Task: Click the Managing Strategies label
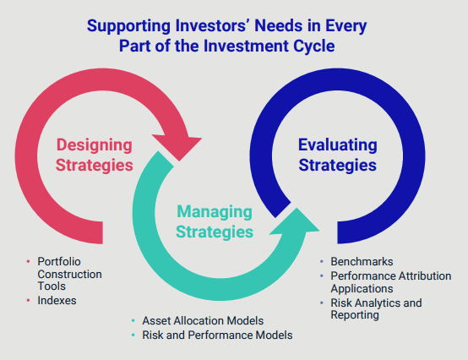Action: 215,221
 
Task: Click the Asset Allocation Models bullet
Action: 202,321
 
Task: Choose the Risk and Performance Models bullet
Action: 217,335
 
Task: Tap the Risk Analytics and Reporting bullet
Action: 375,308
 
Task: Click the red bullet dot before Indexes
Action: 30,300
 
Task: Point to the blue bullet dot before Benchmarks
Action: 322,263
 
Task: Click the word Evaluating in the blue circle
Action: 337,144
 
